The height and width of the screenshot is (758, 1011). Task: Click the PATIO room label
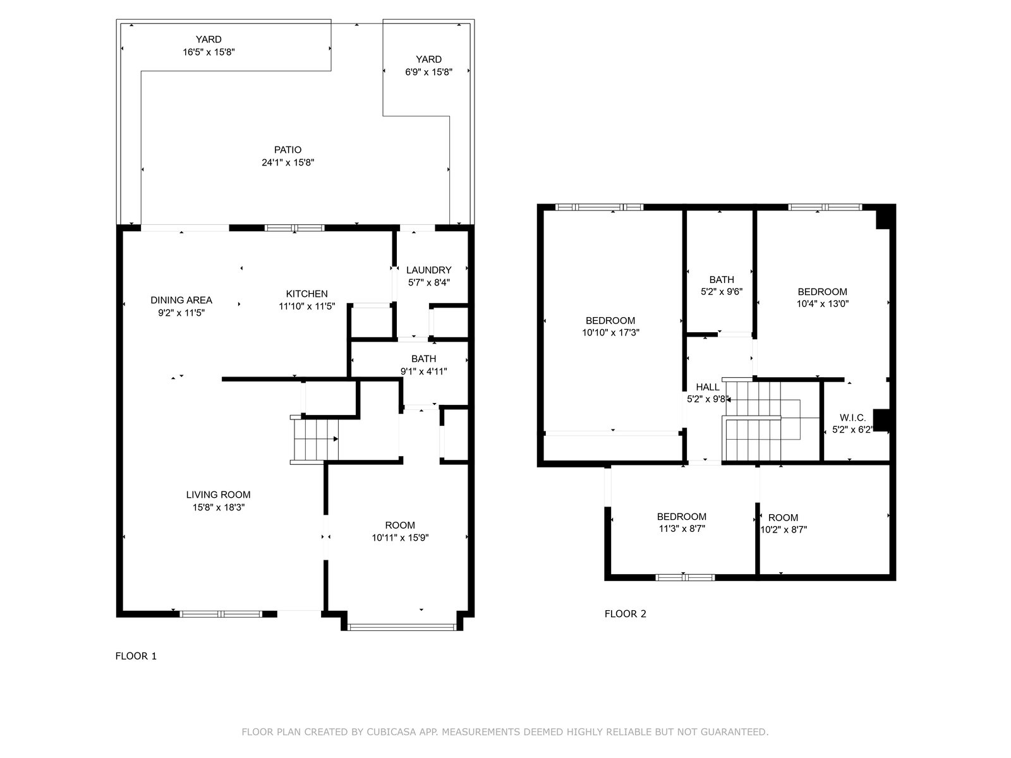click(x=288, y=150)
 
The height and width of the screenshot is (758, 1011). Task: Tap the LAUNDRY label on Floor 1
click(x=428, y=270)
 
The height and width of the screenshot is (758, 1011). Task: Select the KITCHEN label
click(x=306, y=294)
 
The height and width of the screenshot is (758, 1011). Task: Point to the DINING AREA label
click(x=181, y=300)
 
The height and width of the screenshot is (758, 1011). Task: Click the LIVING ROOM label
click(x=219, y=495)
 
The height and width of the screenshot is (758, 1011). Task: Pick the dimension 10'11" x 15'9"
click(x=400, y=538)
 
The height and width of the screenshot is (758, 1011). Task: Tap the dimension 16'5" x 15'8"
click(x=209, y=52)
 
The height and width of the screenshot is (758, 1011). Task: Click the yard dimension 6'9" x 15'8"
click(x=428, y=72)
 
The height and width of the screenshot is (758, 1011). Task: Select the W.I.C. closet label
click(x=852, y=418)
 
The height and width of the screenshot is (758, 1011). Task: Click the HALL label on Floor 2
click(x=708, y=387)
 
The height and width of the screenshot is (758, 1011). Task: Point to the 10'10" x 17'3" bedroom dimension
click(x=610, y=332)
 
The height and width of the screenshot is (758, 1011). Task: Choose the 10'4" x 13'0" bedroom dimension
click(x=823, y=303)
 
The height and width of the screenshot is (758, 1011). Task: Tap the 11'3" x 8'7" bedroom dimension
click(x=682, y=528)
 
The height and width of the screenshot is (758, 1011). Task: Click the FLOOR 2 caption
click(x=625, y=613)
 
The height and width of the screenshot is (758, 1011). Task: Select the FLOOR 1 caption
click(x=136, y=656)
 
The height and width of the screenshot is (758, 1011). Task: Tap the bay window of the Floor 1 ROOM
click(x=402, y=627)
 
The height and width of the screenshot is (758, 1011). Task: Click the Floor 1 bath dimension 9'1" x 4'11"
click(x=424, y=371)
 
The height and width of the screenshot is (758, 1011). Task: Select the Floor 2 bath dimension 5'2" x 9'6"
click(x=722, y=291)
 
